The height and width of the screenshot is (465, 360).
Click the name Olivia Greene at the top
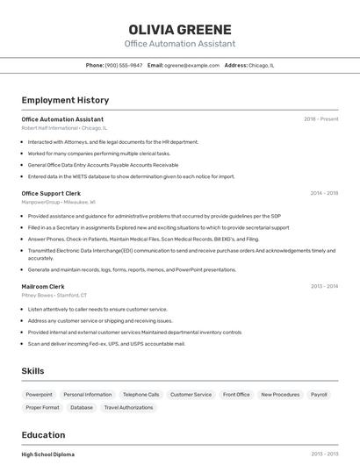(x=180, y=30)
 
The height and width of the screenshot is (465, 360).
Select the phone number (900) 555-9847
(x=123, y=65)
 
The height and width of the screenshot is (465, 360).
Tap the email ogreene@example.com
(x=191, y=65)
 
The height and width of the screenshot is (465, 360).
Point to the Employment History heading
(x=65, y=100)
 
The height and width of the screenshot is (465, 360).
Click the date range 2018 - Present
(x=320, y=118)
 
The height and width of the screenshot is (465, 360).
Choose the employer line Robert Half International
(x=50, y=127)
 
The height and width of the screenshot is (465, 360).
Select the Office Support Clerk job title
(x=51, y=193)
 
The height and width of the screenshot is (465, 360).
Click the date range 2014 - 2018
(x=324, y=193)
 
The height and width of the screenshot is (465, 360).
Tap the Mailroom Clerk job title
(x=43, y=286)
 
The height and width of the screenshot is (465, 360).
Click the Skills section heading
(x=33, y=371)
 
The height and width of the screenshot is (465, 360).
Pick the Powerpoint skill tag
(x=39, y=395)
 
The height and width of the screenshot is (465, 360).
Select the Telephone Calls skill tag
(x=140, y=395)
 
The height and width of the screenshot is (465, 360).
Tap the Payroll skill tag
(x=319, y=395)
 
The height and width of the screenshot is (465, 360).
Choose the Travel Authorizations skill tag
(x=128, y=407)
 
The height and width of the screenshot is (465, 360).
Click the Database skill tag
(x=82, y=407)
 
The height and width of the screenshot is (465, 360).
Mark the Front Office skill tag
(x=236, y=395)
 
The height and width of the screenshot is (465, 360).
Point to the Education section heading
(x=43, y=435)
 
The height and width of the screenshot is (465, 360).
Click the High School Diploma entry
(x=48, y=454)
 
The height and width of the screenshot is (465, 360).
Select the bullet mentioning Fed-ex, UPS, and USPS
(x=106, y=344)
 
